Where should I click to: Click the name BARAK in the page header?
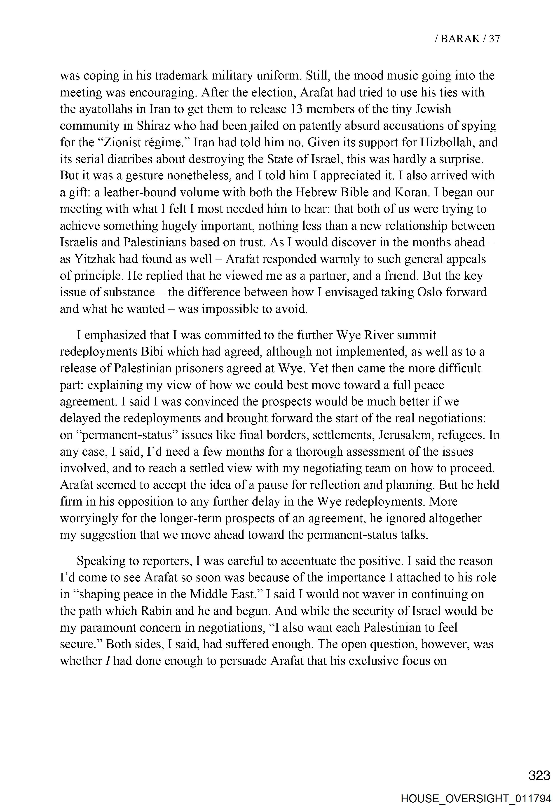460,39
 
